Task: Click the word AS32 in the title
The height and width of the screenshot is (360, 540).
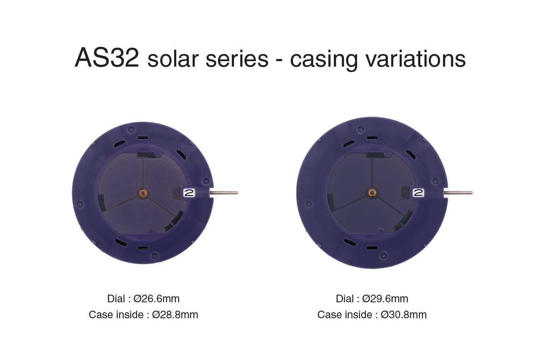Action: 107,58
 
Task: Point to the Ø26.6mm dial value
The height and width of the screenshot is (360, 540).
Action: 157,298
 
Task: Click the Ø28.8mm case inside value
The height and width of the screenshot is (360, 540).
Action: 175,315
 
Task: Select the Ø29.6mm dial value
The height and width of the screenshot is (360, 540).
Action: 385,298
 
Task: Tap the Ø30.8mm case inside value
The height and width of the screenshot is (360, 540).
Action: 404,315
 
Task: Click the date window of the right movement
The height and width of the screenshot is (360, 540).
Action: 418,193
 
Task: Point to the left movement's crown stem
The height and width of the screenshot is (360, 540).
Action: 225,193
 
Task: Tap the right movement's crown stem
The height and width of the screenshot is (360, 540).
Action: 459,193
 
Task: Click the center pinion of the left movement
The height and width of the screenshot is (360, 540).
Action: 143,193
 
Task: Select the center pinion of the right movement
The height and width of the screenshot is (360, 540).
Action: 372,193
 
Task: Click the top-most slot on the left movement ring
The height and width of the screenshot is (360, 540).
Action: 143,137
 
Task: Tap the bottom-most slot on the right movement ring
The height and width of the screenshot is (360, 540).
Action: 372,248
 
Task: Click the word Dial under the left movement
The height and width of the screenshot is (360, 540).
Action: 116,298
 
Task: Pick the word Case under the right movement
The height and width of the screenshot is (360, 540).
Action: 328,315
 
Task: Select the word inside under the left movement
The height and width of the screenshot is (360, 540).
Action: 129,315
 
